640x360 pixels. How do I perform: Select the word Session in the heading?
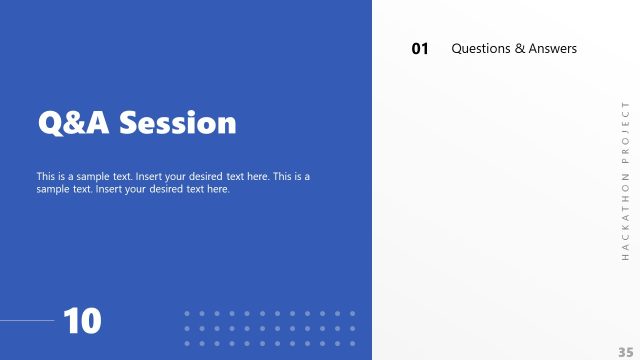tap(178, 123)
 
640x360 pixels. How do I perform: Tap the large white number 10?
tap(82, 321)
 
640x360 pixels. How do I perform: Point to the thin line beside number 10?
tap(27, 321)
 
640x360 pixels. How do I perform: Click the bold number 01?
tap(420, 49)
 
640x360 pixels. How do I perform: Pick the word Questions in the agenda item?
tap(482, 48)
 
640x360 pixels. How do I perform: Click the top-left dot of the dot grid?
tap(187, 313)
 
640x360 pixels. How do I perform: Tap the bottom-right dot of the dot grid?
tap(352, 343)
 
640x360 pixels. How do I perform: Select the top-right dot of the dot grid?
tap(352, 313)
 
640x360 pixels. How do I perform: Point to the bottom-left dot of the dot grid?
tap(187, 343)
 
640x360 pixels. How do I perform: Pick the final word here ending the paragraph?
tap(217, 189)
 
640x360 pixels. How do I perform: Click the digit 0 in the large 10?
tap(90, 321)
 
